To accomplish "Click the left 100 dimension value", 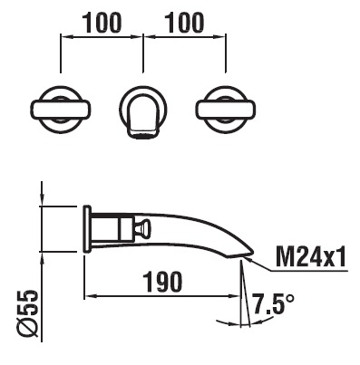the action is click(x=102, y=23).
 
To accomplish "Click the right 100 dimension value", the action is click(x=185, y=23).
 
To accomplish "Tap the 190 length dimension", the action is click(x=162, y=282).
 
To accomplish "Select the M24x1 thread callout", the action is click(x=310, y=257).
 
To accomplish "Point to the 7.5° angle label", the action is click(x=273, y=303).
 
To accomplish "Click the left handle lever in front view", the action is click(x=61, y=110).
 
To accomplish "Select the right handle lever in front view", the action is click(x=226, y=110).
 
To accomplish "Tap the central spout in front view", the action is click(x=143, y=116).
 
